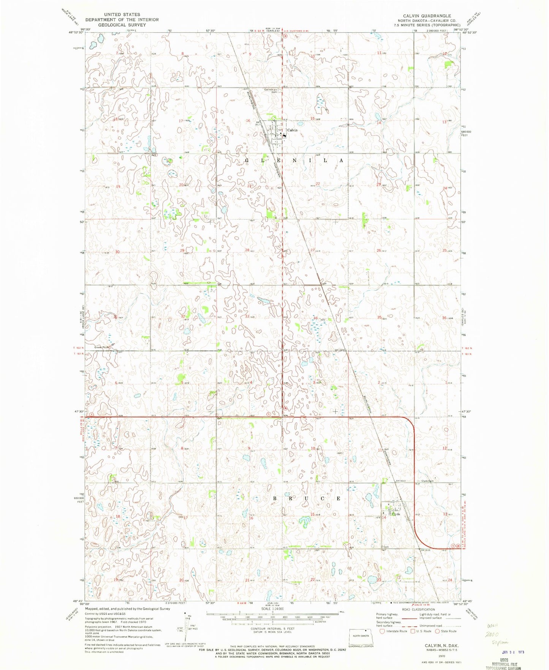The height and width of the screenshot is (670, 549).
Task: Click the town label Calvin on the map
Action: click(292, 130)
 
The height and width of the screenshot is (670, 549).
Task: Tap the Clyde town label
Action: click(396, 514)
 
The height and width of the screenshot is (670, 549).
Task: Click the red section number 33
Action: click(248, 316)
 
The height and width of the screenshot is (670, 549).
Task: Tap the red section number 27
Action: click(313, 250)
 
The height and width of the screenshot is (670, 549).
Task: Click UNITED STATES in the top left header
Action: click(122, 14)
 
